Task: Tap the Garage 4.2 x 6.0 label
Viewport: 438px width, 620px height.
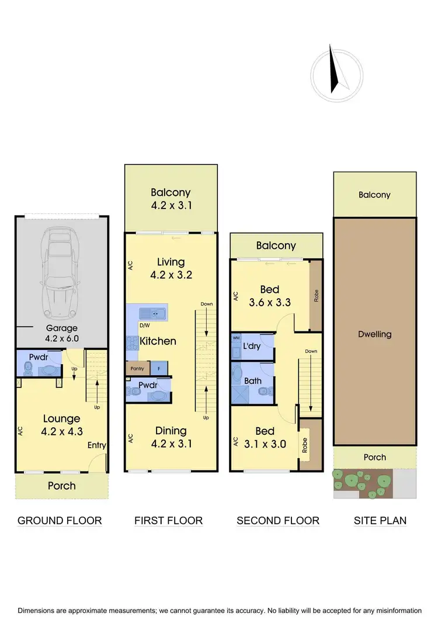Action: pos(62,333)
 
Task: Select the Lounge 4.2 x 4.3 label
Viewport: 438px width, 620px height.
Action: pos(61,424)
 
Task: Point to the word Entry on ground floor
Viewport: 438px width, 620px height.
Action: pos(97,445)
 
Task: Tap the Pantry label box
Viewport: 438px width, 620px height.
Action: pos(137,369)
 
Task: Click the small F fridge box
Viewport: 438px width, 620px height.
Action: pos(159,369)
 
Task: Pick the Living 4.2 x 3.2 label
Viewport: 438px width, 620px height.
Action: pos(171,268)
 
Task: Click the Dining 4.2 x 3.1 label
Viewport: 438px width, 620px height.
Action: pos(171,437)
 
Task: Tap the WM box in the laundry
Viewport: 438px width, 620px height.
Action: pos(237,338)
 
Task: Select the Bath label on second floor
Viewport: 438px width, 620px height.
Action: pos(252,380)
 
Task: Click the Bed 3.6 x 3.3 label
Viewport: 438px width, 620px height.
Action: pos(270,296)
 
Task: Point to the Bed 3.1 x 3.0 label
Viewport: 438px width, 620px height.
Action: pos(265,437)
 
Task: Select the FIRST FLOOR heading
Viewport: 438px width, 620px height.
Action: pos(169,520)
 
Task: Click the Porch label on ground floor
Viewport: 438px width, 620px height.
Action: pos(61,486)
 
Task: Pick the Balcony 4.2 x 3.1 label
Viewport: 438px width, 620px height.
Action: pos(171,199)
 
